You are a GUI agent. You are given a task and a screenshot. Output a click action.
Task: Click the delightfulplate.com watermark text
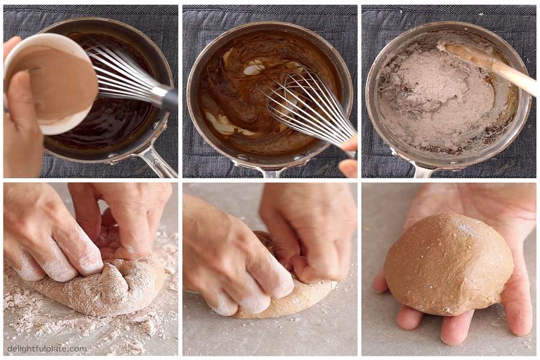coord(47,349)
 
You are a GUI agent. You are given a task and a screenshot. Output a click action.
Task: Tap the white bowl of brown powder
coord(52,85)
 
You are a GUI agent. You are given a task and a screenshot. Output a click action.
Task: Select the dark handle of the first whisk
coord(171,100)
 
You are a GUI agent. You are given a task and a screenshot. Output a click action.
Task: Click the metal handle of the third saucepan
coord(424,169)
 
